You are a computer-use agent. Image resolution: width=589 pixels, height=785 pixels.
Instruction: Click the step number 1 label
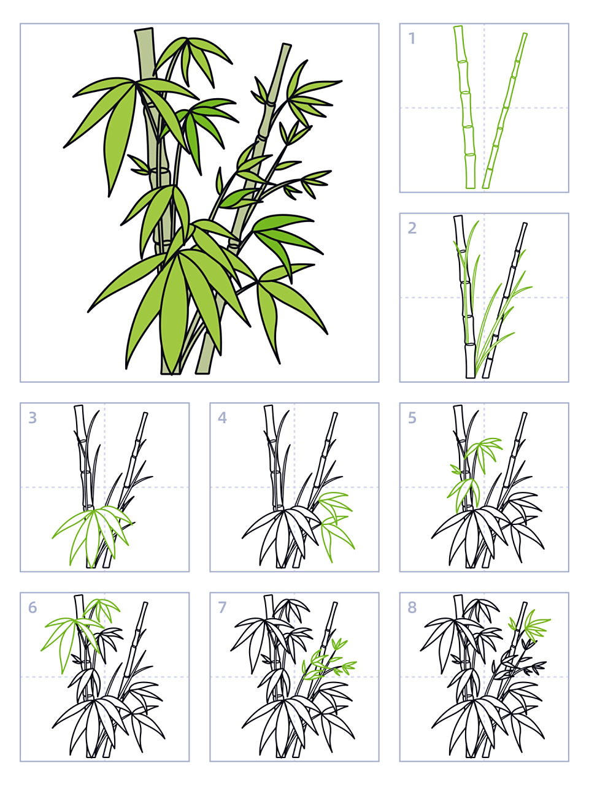[412, 39]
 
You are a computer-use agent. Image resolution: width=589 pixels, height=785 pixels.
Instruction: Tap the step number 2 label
[412, 228]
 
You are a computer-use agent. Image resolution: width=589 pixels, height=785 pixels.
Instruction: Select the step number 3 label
[33, 418]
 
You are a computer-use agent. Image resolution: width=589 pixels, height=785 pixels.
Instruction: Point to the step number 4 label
[222, 418]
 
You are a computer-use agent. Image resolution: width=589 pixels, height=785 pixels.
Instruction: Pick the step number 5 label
[412, 418]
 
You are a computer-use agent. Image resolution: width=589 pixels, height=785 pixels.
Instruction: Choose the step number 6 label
[33, 607]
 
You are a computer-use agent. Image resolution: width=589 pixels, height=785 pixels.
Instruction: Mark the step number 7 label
[222, 607]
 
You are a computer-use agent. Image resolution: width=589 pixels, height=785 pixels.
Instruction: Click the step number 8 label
[412, 607]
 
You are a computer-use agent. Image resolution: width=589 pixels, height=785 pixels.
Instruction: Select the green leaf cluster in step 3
[92, 527]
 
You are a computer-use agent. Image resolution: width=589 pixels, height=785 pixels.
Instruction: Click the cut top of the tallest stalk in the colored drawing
[144, 30]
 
